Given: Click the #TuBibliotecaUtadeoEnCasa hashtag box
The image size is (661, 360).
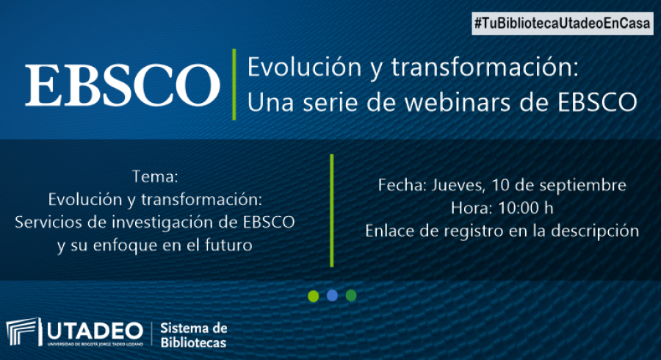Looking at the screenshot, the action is pyautogui.click(x=563, y=24).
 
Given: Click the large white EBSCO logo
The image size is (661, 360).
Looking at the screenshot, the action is pyautogui.click(x=122, y=84).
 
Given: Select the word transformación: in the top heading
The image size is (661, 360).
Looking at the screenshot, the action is pyautogui.click(x=485, y=68).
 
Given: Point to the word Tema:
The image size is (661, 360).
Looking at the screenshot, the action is pyautogui.click(x=155, y=176).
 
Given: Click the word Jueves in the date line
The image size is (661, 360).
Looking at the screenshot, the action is pyautogui.click(x=458, y=185).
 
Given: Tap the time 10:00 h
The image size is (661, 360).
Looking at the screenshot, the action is pyautogui.click(x=526, y=208).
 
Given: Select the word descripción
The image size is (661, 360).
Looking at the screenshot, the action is pyautogui.click(x=595, y=231).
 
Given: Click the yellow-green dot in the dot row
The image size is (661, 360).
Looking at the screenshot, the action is pyautogui.click(x=313, y=296).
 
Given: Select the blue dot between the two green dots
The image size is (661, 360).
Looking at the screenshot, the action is pyautogui.click(x=332, y=295).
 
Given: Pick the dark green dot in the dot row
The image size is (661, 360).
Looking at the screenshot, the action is pyautogui.click(x=351, y=295).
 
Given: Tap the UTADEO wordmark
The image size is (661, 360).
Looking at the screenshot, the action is pyautogui.click(x=95, y=331).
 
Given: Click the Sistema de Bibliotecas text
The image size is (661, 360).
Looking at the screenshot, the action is pyautogui.click(x=193, y=335).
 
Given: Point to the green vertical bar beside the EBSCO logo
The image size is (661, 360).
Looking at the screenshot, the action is pyautogui.click(x=234, y=84).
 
